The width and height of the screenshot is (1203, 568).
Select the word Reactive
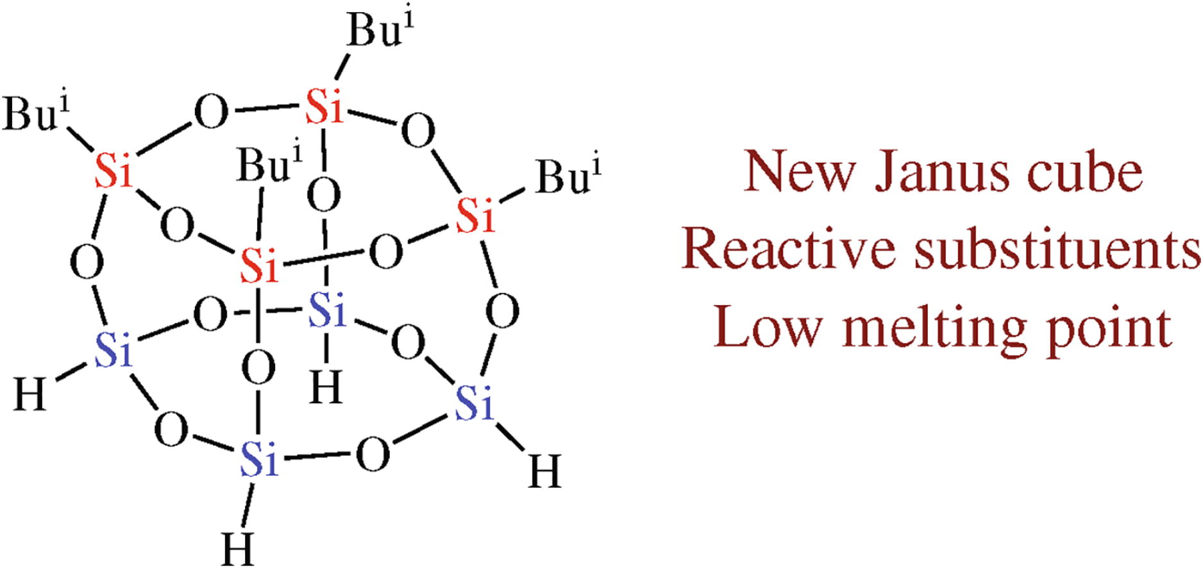tap(788, 249)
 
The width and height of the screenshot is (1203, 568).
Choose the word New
tap(800, 172)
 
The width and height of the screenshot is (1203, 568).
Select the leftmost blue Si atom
tap(113, 349)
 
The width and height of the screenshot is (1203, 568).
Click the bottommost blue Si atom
tap(259, 460)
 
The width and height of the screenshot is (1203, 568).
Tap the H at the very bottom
tap(238, 549)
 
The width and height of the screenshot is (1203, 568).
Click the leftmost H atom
tap(30, 394)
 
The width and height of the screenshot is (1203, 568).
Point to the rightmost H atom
tap(544, 471)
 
